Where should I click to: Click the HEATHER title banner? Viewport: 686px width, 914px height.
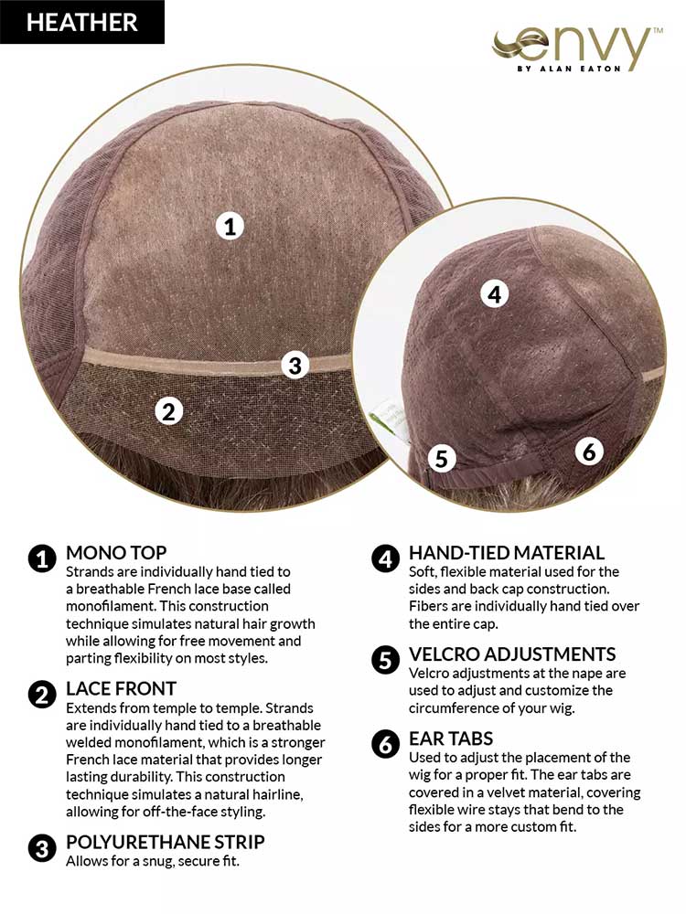point(82,22)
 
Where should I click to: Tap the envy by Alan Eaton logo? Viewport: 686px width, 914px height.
point(577,49)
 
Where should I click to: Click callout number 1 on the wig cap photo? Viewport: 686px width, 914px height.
point(230,226)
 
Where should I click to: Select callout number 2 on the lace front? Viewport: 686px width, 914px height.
point(168,411)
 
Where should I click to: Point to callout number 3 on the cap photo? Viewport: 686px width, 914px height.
point(295,366)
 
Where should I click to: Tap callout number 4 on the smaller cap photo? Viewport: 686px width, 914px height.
point(494,294)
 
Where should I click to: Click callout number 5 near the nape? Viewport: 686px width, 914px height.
point(442,458)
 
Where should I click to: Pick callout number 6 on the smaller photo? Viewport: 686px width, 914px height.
point(589,452)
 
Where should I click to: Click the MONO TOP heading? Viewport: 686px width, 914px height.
point(116,552)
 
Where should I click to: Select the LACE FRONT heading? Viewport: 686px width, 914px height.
point(121,688)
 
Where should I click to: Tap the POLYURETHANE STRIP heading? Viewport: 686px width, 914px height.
point(165,842)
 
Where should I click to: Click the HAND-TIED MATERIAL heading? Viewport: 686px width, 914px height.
point(507,553)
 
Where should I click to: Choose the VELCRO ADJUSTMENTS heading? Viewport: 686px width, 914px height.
point(512,654)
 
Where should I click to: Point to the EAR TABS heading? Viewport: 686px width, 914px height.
point(451,739)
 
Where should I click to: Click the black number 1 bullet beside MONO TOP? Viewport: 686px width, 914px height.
point(42,559)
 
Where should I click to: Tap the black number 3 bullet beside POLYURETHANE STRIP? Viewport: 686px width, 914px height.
point(42,849)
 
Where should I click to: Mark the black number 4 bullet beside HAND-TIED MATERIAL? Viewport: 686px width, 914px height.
point(385,559)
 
